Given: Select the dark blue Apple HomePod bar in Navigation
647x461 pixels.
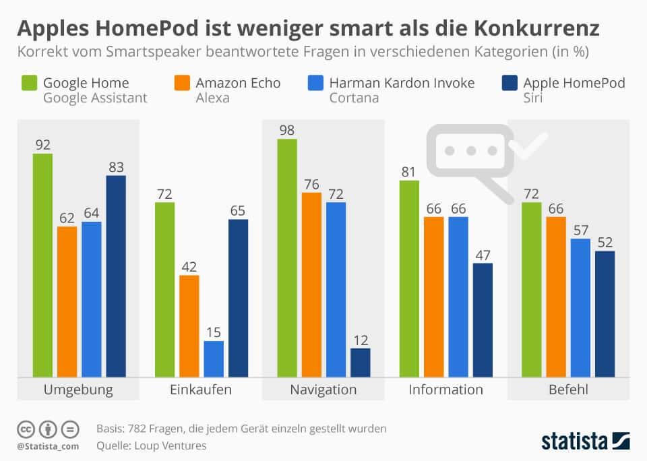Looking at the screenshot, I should pos(361,362).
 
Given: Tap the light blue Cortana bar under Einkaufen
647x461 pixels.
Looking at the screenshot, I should pos(214,359).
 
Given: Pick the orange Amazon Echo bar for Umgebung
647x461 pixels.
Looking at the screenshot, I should pos(67,301).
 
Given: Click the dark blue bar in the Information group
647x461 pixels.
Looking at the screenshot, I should pos(483,319).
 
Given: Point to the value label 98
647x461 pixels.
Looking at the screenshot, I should pos(286,130).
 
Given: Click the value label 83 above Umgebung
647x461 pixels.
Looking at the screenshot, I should pos(116,167).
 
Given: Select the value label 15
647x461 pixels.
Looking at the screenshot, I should pos(214,332).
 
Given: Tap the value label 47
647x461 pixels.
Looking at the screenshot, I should pos(483,255).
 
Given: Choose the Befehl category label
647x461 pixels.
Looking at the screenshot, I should pos(568,390).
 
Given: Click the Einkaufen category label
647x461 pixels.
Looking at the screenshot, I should pos(201,390).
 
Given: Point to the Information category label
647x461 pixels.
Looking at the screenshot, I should pos(446,390).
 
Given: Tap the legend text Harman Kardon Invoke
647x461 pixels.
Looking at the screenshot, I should pos(402,83).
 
